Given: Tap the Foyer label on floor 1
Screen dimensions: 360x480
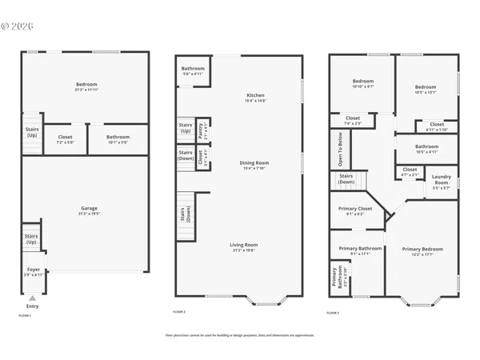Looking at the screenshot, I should click(34, 270).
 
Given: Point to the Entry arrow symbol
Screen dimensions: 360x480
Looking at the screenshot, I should click(32, 298).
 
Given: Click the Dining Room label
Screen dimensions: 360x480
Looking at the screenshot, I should click(254, 164).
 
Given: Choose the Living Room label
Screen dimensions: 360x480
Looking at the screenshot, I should click(245, 246).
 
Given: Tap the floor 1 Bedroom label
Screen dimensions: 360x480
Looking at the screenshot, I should click(86, 85).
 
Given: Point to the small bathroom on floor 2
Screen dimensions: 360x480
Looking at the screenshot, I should click(193, 70).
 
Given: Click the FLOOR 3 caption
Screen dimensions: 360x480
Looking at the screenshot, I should click(334, 311).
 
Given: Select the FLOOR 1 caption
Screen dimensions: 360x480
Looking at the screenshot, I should click(25, 315).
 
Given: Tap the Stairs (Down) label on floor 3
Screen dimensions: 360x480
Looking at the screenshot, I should click(346, 179).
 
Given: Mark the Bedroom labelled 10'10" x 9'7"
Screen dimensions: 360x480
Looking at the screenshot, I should click(363, 83).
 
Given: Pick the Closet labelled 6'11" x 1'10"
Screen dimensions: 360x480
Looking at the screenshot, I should click(437, 126).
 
